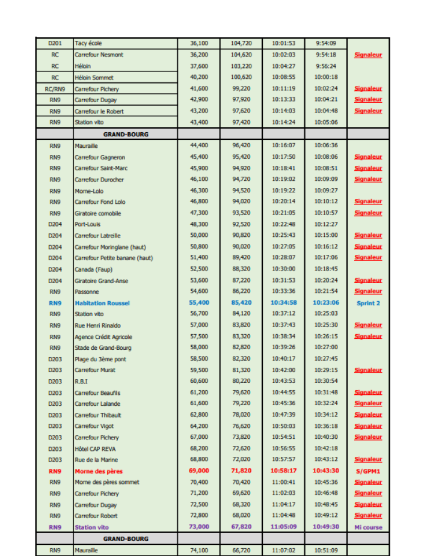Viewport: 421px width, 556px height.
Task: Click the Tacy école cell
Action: coord(88,43)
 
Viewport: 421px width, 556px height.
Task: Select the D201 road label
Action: coord(55,43)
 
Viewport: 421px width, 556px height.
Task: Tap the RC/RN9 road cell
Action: coord(55,88)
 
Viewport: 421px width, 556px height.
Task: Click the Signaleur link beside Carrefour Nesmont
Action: coord(368,55)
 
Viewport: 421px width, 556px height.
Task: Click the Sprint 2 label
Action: coord(368,303)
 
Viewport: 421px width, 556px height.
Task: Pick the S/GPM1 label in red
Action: coord(368,471)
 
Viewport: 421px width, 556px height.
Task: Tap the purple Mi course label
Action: coord(368,527)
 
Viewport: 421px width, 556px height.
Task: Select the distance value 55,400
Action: coord(199,303)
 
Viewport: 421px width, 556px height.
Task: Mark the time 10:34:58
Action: coord(283,303)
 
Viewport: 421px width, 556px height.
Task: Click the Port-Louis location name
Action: coord(88,224)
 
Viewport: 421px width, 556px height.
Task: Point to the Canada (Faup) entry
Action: coord(93,269)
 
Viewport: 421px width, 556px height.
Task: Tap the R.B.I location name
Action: coord(81,381)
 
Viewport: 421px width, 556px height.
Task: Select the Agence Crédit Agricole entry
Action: coord(103,337)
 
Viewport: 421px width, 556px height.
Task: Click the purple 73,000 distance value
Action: coord(199,527)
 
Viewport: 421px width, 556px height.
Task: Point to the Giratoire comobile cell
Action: coord(97,213)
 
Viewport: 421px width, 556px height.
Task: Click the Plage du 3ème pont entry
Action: coord(100,359)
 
